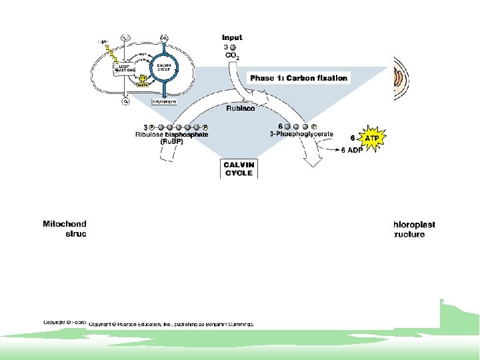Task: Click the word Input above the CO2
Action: [232, 38]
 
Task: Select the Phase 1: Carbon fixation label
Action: [299, 78]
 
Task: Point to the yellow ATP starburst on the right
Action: [373, 139]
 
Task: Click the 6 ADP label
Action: [353, 150]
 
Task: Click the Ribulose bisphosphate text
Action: [172, 135]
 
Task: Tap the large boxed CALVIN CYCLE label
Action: [238, 168]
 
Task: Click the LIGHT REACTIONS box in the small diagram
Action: [125, 69]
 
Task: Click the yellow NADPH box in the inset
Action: [142, 85]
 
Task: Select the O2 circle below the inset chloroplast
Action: [125, 102]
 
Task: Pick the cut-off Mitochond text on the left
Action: [65, 225]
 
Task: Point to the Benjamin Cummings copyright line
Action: [171, 323]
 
